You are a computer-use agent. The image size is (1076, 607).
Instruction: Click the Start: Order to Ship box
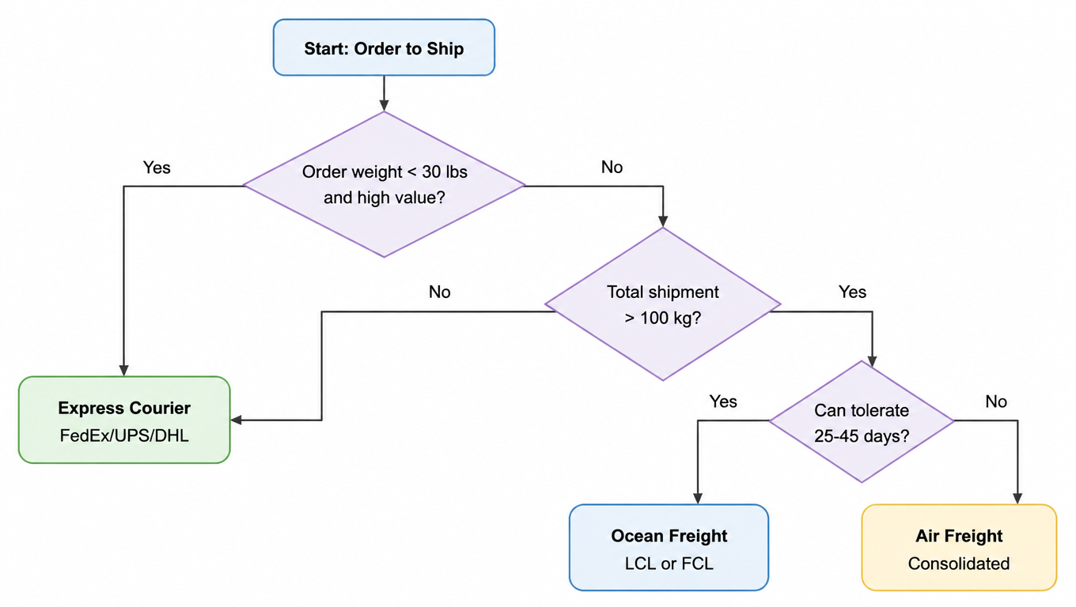pyautogui.click(x=384, y=47)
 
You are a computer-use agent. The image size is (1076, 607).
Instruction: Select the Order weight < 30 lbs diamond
pyautogui.click(x=384, y=185)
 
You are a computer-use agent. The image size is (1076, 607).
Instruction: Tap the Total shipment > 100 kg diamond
pyautogui.click(x=663, y=304)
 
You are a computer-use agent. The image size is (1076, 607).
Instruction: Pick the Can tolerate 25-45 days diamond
pyautogui.click(x=862, y=421)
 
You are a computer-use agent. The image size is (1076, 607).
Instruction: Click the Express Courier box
pyautogui.click(x=124, y=420)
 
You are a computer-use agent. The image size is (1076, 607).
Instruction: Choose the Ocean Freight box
pyautogui.click(x=669, y=548)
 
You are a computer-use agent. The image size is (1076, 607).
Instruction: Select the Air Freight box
pyautogui.click(x=959, y=548)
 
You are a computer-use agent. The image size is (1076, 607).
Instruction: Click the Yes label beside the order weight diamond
pyautogui.click(x=157, y=168)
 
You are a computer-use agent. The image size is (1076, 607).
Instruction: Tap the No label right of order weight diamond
pyautogui.click(x=612, y=167)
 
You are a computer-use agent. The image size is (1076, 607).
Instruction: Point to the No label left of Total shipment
pyautogui.click(x=440, y=292)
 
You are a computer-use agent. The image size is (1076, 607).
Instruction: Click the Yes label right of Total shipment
pyautogui.click(x=852, y=292)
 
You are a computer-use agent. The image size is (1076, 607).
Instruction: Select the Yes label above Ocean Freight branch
pyautogui.click(x=723, y=402)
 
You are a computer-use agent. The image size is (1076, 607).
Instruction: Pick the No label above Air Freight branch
pyautogui.click(x=996, y=402)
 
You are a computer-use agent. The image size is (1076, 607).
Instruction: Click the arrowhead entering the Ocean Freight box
pyautogui.click(x=698, y=499)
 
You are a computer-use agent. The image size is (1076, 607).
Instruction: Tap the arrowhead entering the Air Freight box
pyautogui.click(x=1017, y=499)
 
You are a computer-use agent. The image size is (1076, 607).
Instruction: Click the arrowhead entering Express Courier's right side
pyautogui.click(x=237, y=420)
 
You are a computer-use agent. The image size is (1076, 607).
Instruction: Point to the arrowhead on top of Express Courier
pyautogui.click(x=124, y=371)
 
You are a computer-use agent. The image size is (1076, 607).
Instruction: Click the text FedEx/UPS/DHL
pyautogui.click(x=124, y=435)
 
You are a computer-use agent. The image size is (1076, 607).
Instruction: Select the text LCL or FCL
pyautogui.click(x=669, y=564)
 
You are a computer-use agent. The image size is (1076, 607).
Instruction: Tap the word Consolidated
pyautogui.click(x=959, y=564)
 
